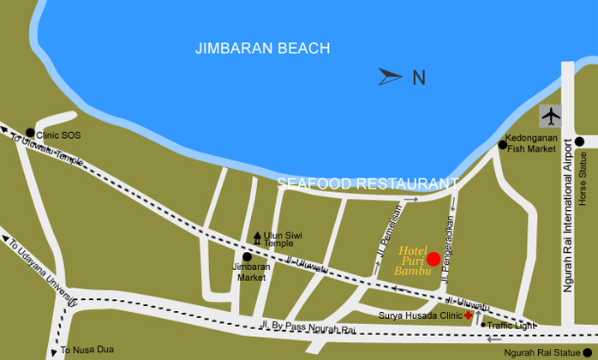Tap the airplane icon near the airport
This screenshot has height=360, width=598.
point(550,115)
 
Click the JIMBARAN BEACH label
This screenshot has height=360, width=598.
point(262,48)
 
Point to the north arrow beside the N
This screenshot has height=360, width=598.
point(390,77)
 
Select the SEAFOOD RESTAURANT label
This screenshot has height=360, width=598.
point(368,183)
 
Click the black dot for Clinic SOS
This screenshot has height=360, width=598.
point(30,133)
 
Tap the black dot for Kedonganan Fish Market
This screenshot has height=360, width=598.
point(503,145)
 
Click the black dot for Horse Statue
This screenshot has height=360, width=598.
point(579,141)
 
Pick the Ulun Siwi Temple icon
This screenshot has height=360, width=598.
point(257,237)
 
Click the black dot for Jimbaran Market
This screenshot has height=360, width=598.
point(247,256)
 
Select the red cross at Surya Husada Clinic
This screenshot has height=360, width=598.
point(468,315)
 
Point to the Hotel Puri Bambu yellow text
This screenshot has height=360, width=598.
point(410,261)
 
